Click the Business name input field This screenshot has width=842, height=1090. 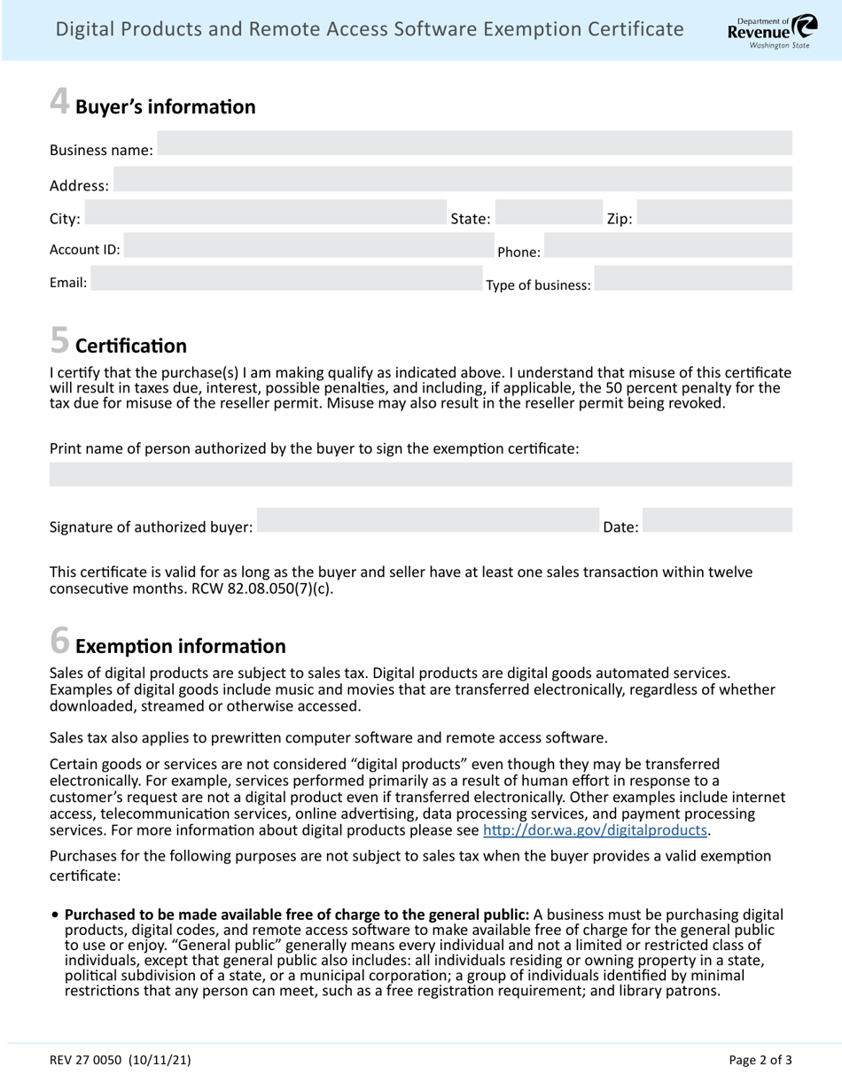[474, 144]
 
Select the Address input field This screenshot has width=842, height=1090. [452, 179]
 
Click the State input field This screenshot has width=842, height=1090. [547, 213]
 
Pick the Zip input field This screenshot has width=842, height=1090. [713, 213]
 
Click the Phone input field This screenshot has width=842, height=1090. [667, 245]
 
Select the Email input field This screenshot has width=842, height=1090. [286, 278]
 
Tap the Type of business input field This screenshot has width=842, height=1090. [692, 278]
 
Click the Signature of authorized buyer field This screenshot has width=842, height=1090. [428, 520]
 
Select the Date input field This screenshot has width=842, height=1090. [716, 520]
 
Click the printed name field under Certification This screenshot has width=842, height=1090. [421, 474]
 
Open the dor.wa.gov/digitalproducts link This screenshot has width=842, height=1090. [595, 830]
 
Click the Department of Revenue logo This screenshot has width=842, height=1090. [761, 31]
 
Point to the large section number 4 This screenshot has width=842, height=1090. [59, 101]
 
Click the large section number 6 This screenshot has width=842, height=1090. [59, 640]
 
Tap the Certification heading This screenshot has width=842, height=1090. [131, 346]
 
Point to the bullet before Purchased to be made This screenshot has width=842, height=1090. [56, 915]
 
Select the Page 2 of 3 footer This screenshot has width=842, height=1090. [760, 1059]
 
